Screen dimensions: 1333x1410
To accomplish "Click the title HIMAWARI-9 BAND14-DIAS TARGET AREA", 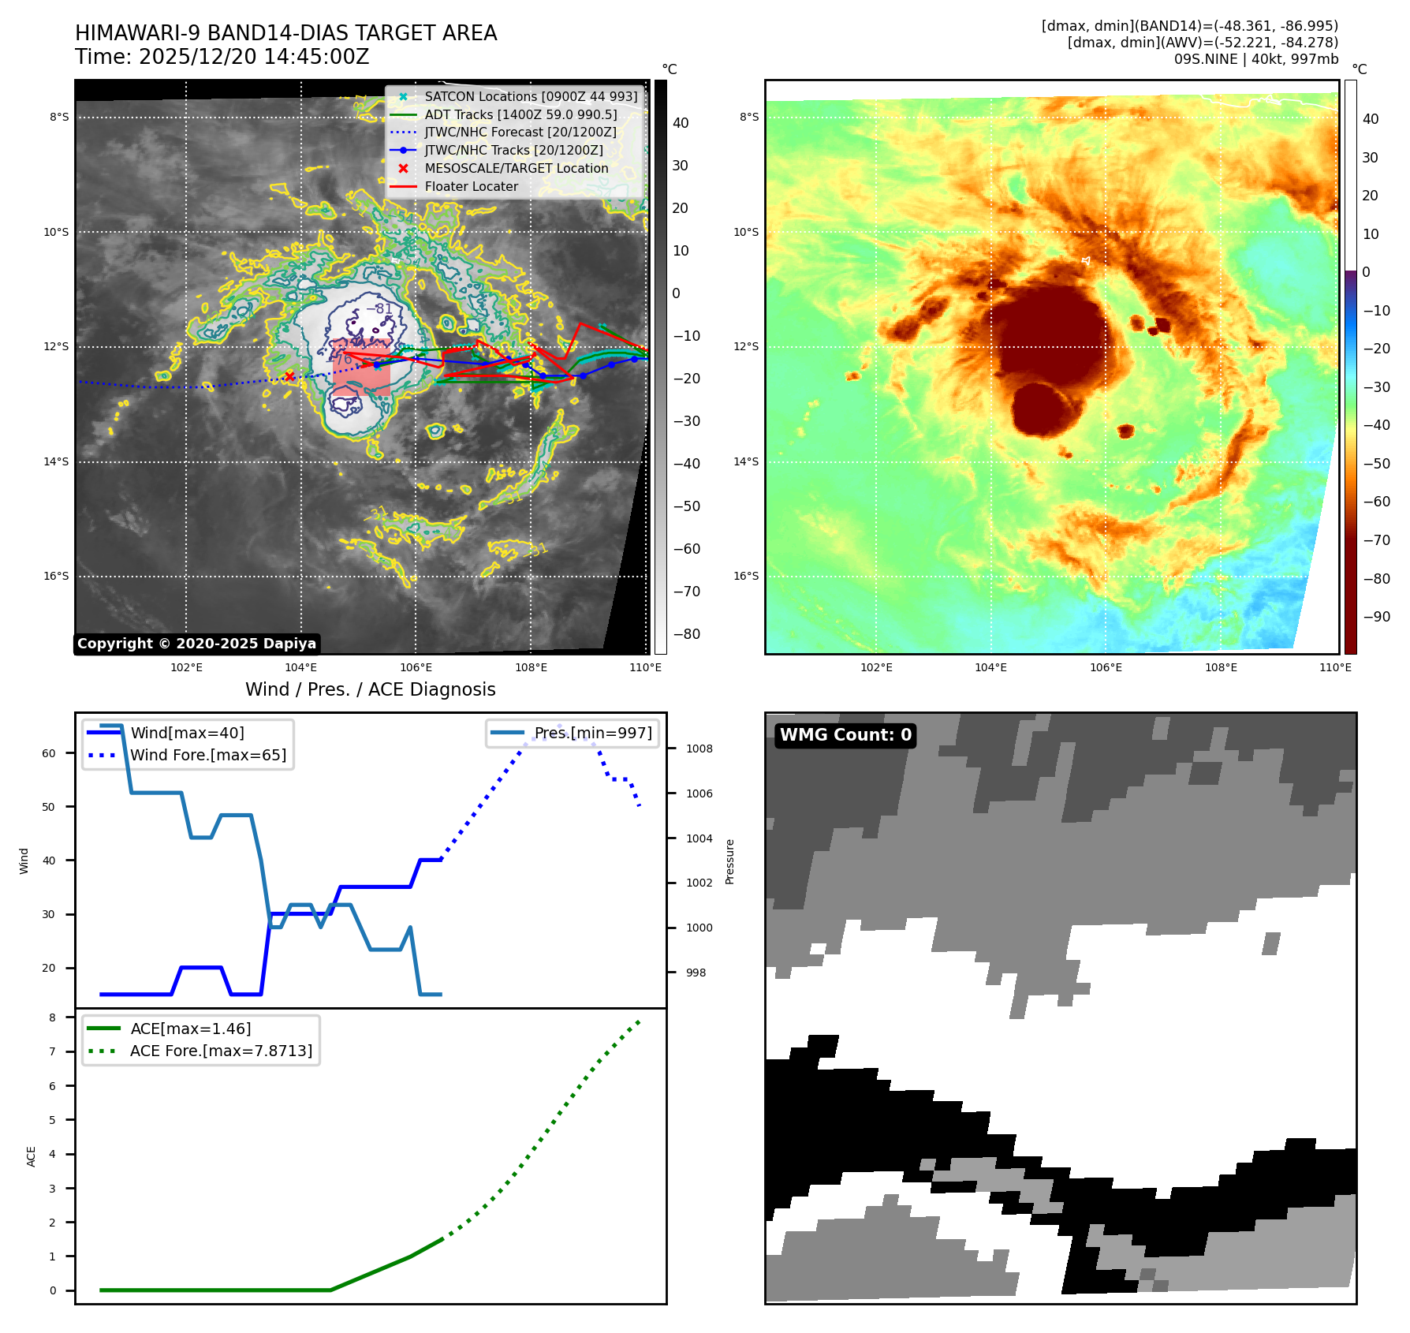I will click(x=285, y=33).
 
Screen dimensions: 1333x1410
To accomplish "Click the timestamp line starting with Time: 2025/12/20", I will click(x=222, y=57).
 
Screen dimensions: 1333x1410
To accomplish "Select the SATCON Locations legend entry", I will click(x=530, y=96).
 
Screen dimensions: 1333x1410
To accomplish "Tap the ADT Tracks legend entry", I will click(x=520, y=114).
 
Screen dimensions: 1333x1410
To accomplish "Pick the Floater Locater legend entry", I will click(x=471, y=186).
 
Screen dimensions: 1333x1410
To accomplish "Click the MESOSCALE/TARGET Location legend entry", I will click(x=516, y=168).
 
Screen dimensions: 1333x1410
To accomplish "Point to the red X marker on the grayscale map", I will click(x=289, y=376).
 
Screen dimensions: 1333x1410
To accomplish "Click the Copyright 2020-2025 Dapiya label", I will click(x=196, y=644).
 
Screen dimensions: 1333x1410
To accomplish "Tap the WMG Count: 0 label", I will click(x=845, y=735).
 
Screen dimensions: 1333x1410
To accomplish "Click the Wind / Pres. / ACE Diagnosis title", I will click(x=370, y=689).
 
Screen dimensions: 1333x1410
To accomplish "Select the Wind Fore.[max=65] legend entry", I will click(x=207, y=755).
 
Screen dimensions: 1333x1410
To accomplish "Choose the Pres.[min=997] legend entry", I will click(x=592, y=733).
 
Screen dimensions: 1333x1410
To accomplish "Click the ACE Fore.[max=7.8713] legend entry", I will click(x=221, y=1051).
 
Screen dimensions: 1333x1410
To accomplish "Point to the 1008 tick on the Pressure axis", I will click(x=699, y=749).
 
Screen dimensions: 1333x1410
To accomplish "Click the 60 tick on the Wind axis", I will click(x=49, y=753).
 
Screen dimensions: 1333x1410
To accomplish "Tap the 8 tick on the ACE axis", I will click(x=53, y=1017).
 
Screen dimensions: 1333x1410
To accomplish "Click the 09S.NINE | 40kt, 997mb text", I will click(x=1255, y=59).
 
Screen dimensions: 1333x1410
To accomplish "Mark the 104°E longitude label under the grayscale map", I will click(x=301, y=667).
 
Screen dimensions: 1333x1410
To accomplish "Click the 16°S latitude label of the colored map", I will click(x=746, y=577).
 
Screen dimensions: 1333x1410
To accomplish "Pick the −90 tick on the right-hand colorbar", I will click(x=1376, y=617).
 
